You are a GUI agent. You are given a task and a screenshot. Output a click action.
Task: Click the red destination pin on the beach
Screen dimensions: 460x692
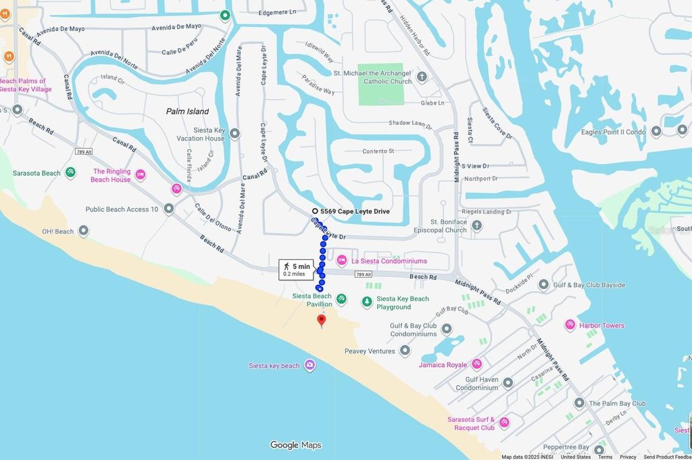click(322, 320)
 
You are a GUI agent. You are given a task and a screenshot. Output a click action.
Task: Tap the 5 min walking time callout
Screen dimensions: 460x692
click(297, 270)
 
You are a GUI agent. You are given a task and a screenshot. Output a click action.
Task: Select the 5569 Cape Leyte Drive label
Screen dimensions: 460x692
click(354, 211)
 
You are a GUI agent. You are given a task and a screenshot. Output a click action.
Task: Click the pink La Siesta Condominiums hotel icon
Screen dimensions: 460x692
click(342, 261)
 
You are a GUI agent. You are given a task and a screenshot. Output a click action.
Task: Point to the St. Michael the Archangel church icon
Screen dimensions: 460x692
click(422, 76)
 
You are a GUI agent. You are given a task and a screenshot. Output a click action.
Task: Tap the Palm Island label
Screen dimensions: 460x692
click(187, 111)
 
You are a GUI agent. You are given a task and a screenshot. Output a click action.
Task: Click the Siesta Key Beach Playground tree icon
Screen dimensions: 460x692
click(367, 302)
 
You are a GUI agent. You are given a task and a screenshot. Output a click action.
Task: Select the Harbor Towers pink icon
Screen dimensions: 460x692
click(570, 325)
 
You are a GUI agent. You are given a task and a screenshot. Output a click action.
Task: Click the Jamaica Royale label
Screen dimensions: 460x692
click(443, 365)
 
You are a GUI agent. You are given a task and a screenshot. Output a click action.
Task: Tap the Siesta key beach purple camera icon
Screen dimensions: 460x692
click(310, 365)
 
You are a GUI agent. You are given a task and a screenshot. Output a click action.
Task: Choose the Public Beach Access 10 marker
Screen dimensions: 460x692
click(169, 209)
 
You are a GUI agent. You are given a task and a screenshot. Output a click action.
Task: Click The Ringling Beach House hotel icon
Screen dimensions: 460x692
click(141, 175)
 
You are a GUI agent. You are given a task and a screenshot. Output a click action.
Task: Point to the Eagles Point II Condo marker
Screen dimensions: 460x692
click(656, 131)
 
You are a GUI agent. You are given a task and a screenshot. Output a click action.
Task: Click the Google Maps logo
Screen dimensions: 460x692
click(295, 445)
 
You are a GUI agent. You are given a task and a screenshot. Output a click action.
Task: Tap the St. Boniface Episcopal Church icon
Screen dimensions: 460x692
click(477, 225)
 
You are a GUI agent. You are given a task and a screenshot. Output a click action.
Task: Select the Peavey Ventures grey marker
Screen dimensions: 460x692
click(405, 351)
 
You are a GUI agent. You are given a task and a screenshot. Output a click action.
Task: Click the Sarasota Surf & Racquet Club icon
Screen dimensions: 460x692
click(503, 423)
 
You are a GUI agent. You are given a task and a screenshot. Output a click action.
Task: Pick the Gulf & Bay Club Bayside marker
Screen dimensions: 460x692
click(544, 284)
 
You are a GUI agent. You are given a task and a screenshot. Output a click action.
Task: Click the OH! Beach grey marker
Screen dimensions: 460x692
click(84, 231)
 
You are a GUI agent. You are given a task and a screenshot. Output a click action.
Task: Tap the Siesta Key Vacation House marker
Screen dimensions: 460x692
click(235, 134)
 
